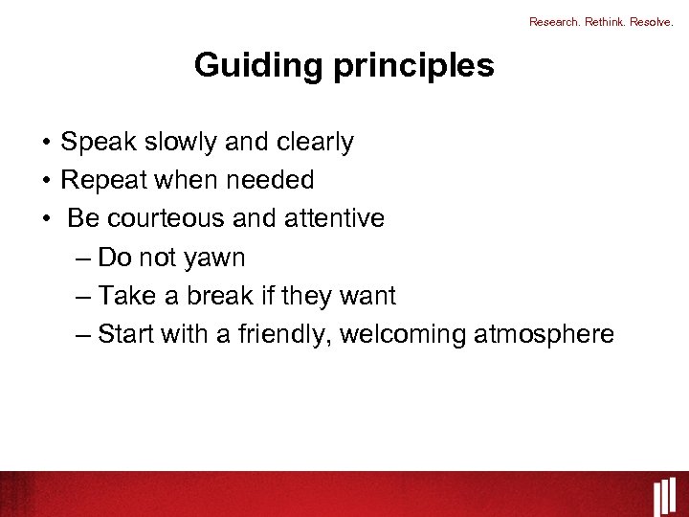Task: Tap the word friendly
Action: pos(279,334)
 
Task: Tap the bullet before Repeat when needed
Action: pos(46,181)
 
